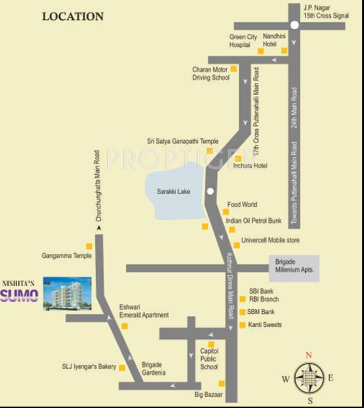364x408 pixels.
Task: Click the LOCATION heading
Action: pyautogui.click(x=73, y=16)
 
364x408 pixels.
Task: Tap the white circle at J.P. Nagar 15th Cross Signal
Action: pyautogui.click(x=294, y=25)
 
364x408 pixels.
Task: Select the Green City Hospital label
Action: pyautogui.click(x=243, y=41)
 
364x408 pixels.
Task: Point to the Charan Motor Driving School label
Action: pyautogui.click(x=211, y=73)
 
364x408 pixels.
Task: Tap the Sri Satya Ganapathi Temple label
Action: pyautogui.click(x=183, y=141)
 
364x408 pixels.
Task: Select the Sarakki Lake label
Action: pyautogui.click(x=174, y=192)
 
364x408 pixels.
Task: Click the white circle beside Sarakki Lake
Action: pyautogui.click(x=210, y=191)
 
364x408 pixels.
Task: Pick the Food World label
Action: pyautogui.click(x=242, y=205)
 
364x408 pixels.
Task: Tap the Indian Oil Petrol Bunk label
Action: pyautogui.click(x=254, y=221)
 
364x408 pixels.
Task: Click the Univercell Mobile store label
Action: pyautogui.click(x=270, y=240)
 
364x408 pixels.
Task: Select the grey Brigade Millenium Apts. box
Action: pyautogui.click(x=294, y=269)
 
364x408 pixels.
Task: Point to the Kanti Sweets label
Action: pyautogui.click(x=265, y=325)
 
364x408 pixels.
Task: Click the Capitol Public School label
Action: pyautogui.click(x=209, y=359)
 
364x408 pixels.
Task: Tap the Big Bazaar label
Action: pyautogui.click(x=209, y=395)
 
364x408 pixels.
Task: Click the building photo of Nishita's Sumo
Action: pyautogui.click(x=67, y=294)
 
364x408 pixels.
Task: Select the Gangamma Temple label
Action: pyautogui.click(x=67, y=256)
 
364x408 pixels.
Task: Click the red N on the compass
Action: pyautogui.click(x=308, y=355)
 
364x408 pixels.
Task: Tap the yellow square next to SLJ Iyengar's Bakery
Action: pyautogui.click(x=122, y=367)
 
